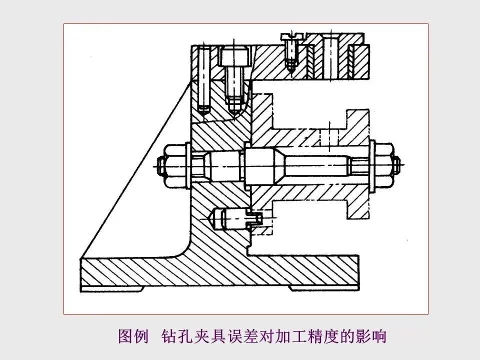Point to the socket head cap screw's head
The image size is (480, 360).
click(234, 55)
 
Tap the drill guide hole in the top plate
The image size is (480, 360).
click(329, 55)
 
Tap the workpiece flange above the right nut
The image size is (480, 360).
click(358, 125)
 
